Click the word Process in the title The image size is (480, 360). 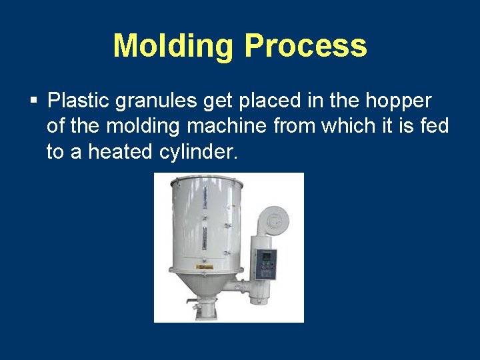click(x=305, y=47)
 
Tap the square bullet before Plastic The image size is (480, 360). click(x=33, y=102)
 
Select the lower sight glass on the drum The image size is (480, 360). click(x=205, y=237)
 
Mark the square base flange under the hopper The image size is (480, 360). click(x=204, y=312)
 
